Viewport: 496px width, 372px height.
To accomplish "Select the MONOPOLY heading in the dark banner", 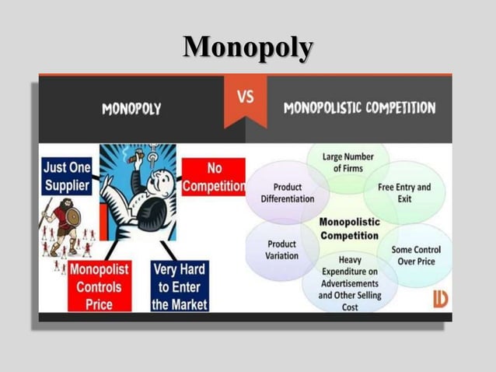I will coord(131,109).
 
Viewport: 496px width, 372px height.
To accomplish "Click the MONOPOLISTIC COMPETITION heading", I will coord(358,107).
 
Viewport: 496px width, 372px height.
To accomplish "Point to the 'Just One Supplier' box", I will coord(66,177).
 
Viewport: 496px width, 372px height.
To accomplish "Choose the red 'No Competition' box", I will coord(214,177).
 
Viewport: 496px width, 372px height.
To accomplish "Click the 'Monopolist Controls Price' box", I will coord(100,286).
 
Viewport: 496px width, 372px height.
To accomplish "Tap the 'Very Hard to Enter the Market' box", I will coord(180,286).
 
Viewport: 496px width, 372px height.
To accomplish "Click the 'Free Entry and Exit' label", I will coord(403,193).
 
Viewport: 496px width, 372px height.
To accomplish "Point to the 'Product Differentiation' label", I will coord(288,193).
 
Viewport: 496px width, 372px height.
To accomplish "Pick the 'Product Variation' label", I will coord(281,250).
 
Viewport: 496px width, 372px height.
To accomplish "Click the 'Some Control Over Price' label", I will coord(414,255).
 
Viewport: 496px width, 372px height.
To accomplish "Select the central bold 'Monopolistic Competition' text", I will coord(349,229).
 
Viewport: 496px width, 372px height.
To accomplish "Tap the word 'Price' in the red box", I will coord(100,304).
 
